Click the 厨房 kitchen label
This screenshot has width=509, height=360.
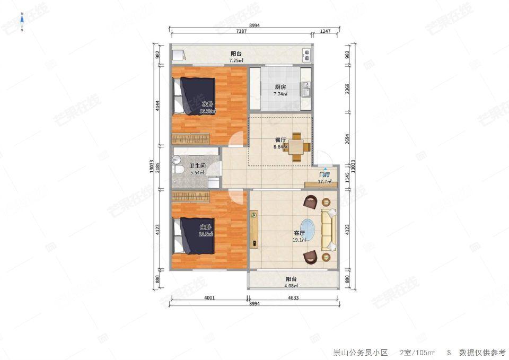point(280,87)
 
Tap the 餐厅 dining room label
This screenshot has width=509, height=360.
point(280,140)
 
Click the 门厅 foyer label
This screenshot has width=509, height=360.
point(324,174)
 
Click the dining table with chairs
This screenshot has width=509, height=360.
point(297,146)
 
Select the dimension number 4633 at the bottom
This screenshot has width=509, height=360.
point(293,297)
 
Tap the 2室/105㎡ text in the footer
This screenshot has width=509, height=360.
point(417,352)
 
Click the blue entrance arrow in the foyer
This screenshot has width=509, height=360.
point(326,169)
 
